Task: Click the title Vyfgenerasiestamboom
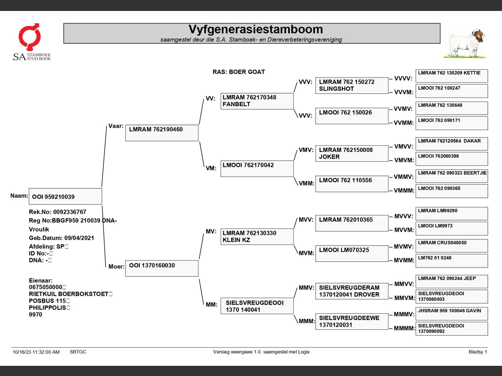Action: tap(255, 30)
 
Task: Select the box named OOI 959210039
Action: tap(65, 197)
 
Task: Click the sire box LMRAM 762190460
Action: tap(162, 133)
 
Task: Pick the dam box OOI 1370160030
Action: tap(162, 268)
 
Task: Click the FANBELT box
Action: tap(257, 101)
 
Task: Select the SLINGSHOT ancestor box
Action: tap(351, 85)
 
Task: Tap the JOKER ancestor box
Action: tap(351, 154)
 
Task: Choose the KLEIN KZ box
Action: tap(257, 237)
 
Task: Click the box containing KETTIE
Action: tap(451, 76)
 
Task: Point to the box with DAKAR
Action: tap(451, 144)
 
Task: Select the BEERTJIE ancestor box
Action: tap(451, 176)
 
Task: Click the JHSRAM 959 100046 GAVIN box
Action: tap(451, 313)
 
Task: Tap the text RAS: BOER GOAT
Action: tap(238, 72)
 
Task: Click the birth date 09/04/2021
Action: tap(79, 238)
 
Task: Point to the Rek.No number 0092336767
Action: tap(69, 212)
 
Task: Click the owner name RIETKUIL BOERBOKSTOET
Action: tap(69, 294)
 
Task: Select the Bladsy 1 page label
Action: tap(477, 352)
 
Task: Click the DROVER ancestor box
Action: tap(351, 291)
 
